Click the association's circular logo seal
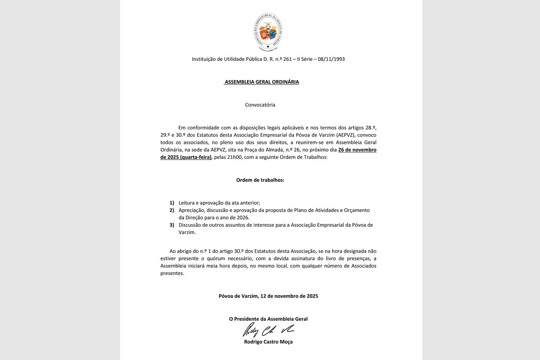(268, 31)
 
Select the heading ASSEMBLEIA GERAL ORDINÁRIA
(261, 82)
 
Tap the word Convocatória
(260, 105)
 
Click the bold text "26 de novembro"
(357, 150)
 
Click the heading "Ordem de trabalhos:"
(260, 180)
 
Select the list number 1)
(172, 203)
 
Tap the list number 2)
(172, 210)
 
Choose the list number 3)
(172, 225)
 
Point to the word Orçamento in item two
(356, 210)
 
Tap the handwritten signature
(268, 331)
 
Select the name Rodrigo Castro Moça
(268, 342)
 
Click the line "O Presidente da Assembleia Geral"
(268, 319)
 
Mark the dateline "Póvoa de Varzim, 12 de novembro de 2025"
(268, 296)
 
